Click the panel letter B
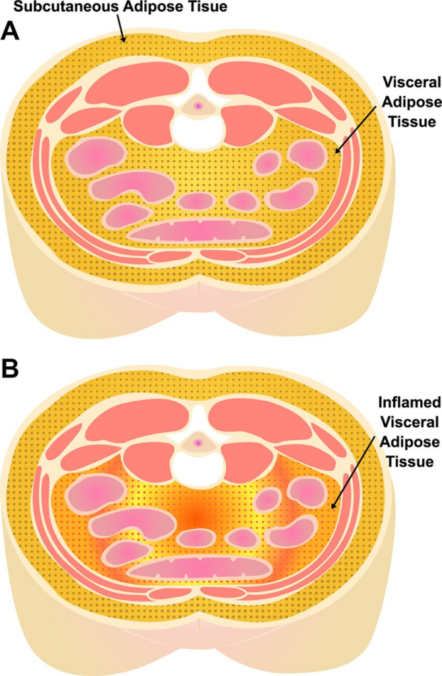[x=11, y=370]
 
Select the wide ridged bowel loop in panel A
[x=199, y=230]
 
